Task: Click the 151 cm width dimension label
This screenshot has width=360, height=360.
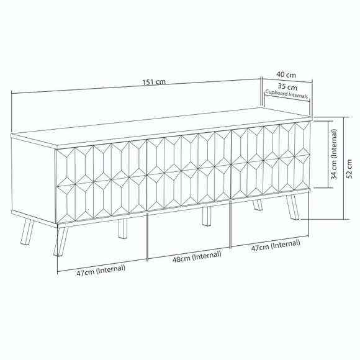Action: [x=154, y=82]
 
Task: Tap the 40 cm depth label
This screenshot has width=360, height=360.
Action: [x=286, y=74]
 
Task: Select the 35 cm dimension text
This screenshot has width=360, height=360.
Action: [x=287, y=87]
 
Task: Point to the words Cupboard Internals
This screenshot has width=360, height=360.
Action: [x=287, y=94]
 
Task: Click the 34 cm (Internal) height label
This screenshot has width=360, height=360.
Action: [x=334, y=154]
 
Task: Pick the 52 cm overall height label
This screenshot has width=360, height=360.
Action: [x=349, y=169]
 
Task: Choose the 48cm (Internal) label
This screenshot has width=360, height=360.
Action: [x=197, y=256]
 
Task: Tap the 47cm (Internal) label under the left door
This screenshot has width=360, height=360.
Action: [x=101, y=270]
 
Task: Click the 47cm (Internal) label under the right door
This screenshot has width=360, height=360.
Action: [x=276, y=245]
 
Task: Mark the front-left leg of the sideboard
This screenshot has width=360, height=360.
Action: [x=60, y=241]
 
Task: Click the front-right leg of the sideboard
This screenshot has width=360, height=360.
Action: [x=293, y=207]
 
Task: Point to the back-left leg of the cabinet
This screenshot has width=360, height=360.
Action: [x=27, y=232]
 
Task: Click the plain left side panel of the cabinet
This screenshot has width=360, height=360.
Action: [x=34, y=180]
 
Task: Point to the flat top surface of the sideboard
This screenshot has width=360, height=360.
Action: [x=161, y=128]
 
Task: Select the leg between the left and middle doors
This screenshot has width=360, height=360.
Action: [x=123, y=228]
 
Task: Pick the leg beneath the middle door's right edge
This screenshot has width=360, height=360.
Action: [x=207, y=216]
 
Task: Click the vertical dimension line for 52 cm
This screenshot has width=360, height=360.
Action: [x=343, y=168]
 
